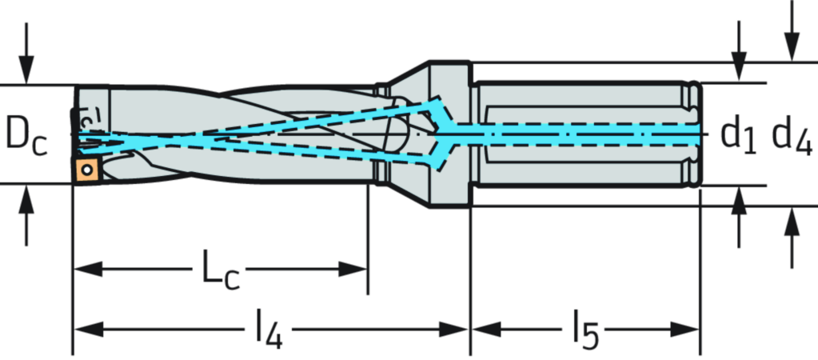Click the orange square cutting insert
tap(87, 169)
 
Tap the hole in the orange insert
tap(86, 170)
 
